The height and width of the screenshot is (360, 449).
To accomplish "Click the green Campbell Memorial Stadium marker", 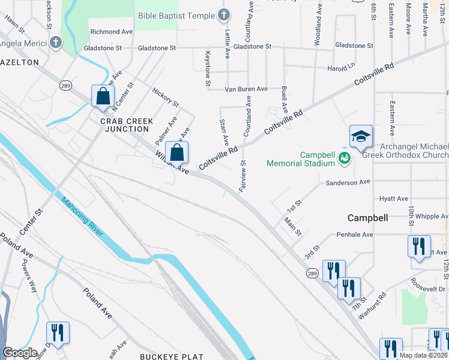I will (344, 158).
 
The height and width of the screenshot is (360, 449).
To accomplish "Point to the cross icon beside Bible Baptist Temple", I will (223, 14).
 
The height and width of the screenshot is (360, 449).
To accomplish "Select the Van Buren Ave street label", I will (246, 89).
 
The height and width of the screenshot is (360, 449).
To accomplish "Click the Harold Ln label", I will (341, 68).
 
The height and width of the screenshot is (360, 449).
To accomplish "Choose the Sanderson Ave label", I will (349, 182).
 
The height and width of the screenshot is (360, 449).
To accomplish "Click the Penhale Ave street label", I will (355, 235).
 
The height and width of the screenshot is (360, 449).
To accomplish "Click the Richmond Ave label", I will (111, 31).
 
